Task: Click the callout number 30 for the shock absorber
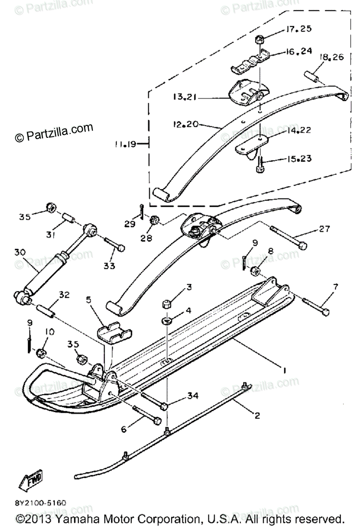(19, 252)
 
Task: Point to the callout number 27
(324, 229)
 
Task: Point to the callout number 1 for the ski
(284, 370)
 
